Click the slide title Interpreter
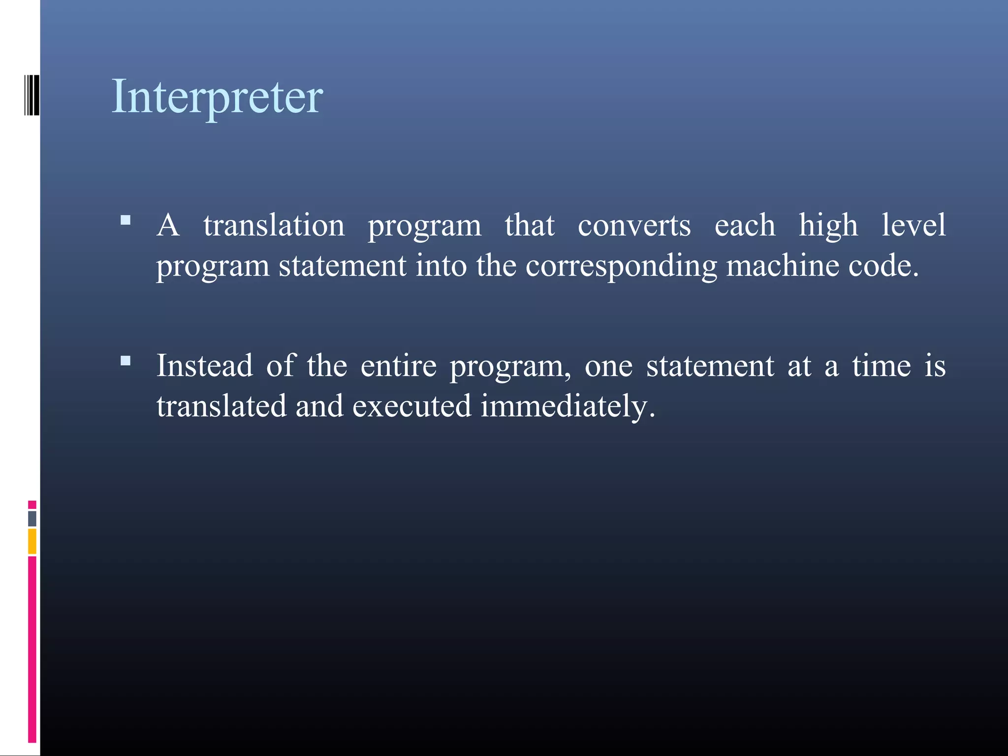217,97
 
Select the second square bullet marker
126,361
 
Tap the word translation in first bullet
274,225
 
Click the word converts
634,225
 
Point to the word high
828,226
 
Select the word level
913,225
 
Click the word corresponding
621,267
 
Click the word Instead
204,366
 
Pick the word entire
398,366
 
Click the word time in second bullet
881,366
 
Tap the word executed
411,407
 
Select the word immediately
567,408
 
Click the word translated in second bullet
221,407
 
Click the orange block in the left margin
32,541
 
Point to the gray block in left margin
32,519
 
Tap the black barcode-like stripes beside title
32,94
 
